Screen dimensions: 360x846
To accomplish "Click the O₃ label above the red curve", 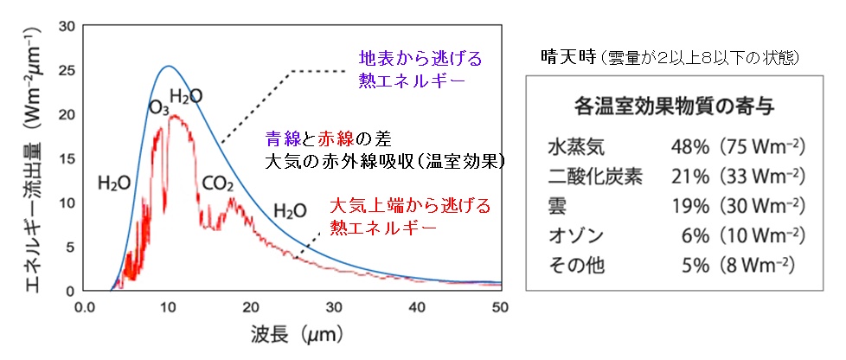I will pos(158,108).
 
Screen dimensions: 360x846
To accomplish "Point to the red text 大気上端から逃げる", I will pos(410,206).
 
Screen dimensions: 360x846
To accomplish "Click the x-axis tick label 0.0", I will pos(85,307).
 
